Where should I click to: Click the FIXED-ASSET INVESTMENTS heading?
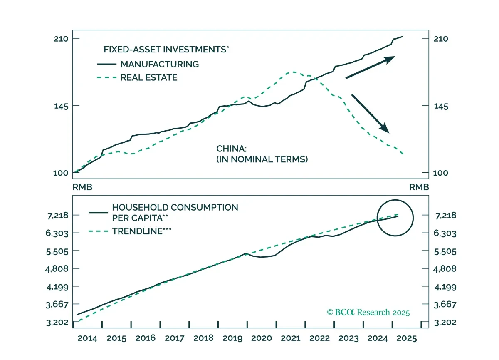point(166,49)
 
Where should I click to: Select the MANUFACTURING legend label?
point(160,64)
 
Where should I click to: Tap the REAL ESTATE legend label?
point(149,77)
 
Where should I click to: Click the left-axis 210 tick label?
point(61,39)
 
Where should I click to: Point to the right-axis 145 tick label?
point(441,106)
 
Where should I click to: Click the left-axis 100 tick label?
point(61,173)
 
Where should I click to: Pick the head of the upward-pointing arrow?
point(390,60)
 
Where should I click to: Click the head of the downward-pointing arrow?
point(385,129)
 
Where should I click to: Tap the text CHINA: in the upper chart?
point(232,149)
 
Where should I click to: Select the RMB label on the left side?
point(82,187)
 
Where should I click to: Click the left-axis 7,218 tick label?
point(58,216)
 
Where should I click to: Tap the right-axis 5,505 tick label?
point(445,252)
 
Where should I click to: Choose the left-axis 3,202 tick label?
point(57,323)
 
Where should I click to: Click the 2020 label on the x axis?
point(262,338)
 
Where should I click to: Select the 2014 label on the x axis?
point(87,338)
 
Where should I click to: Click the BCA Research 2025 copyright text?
point(368,312)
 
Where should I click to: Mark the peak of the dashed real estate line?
point(294,72)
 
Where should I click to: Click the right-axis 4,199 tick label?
point(445,287)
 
